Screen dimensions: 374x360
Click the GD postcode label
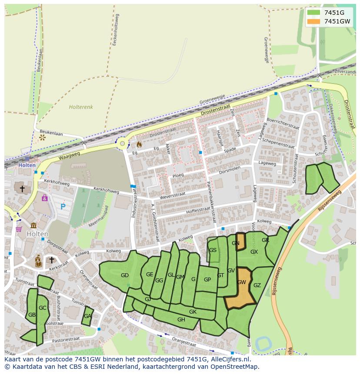tap(125, 275)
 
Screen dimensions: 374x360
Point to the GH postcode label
tap(181, 320)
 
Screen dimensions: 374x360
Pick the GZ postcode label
tap(257, 285)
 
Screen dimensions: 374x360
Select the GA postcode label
tap(88, 316)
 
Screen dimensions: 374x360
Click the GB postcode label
tap(32, 315)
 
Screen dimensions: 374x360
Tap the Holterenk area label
tap(81, 107)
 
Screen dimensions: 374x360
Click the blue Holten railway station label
tap(27, 165)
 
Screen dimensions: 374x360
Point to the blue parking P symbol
tap(63, 207)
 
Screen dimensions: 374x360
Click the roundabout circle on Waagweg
tap(123, 144)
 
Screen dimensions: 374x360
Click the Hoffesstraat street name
tap(198, 210)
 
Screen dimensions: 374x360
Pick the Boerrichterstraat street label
tap(283, 123)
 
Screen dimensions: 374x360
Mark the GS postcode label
tap(213, 250)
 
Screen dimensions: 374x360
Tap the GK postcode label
tap(193, 312)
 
